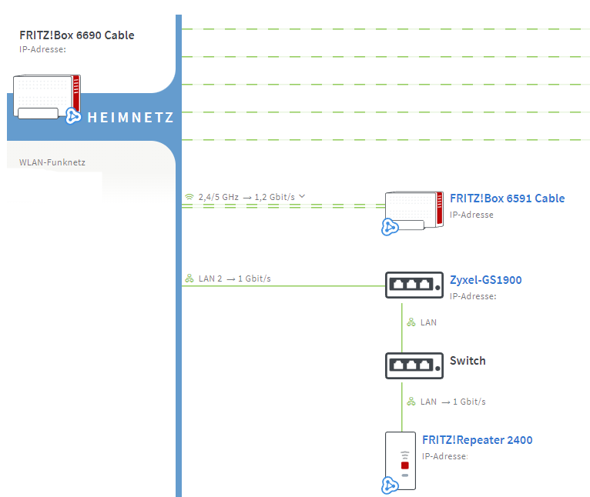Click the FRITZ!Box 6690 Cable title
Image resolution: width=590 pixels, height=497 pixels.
(77, 35)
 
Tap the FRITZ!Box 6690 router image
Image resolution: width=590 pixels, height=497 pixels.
(47, 97)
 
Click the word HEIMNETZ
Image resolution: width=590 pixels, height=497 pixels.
(131, 117)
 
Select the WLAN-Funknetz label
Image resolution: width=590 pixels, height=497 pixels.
(52, 162)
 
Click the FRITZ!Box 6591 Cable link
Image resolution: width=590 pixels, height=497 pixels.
(508, 198)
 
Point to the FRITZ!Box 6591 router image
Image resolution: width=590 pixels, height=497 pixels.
(414, 211)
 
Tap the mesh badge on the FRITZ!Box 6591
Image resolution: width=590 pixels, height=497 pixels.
(390, 227)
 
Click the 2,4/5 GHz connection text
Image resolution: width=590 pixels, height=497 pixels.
(219, 197)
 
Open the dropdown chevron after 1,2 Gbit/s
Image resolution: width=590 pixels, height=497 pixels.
(302, 196)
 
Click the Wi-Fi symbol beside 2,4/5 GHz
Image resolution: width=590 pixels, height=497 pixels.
(189, 197)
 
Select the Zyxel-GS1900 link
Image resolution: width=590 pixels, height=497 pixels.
(486, 280)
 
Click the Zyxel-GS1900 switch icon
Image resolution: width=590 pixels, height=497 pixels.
(414, 285)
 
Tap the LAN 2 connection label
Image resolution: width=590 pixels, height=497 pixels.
(210, 279)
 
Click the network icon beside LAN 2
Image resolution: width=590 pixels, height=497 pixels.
(189, 279)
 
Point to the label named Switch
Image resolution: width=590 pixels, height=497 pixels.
(468, 361)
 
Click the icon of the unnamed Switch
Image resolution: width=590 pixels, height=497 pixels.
(414, 365)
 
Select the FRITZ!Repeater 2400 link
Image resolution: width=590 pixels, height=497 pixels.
(477, 440)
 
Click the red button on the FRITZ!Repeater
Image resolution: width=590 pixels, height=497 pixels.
(405, 465)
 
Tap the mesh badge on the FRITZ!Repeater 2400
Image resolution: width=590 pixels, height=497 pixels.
(390, 485)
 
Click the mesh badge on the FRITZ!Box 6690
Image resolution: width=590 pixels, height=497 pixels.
(73, 116)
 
